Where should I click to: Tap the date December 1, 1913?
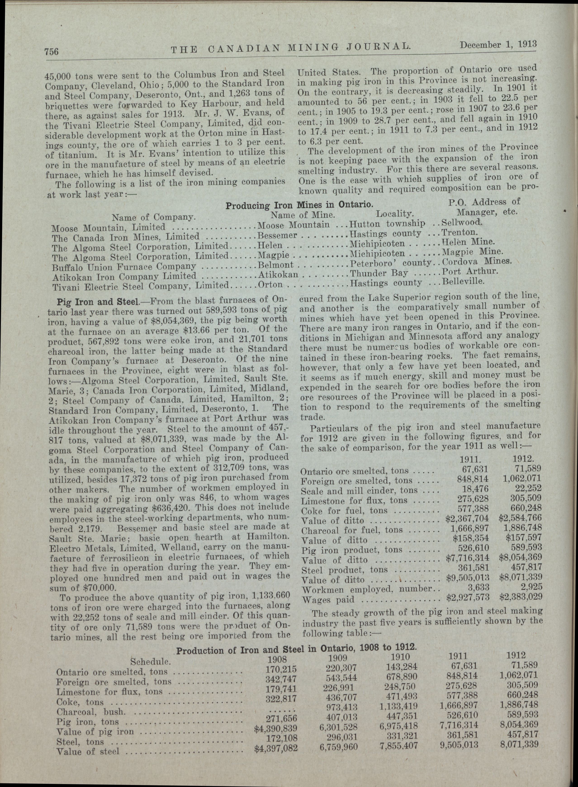click(x=498, y=45)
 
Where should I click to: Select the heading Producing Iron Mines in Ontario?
click(x=299, y=205)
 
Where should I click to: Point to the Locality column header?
click(x=395, y=213)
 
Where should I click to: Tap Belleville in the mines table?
click(x=464, y=281)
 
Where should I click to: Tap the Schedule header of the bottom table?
click(x=150, y=662)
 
